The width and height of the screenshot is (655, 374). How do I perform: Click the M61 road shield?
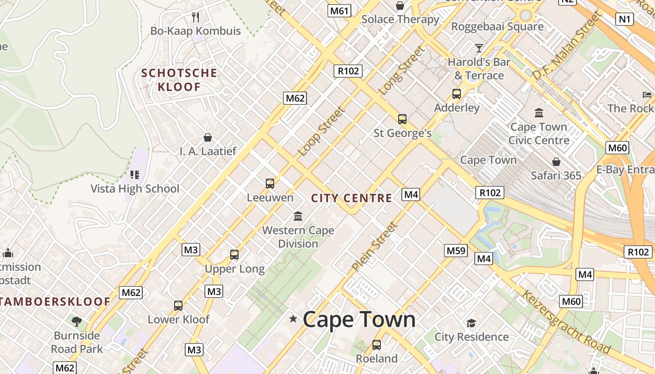point(339,10)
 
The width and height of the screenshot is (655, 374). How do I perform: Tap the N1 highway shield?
point(625,19)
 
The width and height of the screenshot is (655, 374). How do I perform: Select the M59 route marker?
point(456,251)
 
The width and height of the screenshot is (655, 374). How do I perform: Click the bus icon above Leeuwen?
point(270,184)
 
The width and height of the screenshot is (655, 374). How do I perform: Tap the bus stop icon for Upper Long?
point(234,255)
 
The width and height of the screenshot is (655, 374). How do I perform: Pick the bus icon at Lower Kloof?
point(178,306)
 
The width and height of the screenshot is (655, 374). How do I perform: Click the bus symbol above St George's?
point(402,119)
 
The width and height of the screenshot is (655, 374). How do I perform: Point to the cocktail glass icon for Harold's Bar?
point(479,48)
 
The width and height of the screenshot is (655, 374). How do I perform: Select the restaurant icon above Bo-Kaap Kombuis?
point(196,17)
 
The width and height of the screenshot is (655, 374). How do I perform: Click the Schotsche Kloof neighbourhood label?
point(180,80)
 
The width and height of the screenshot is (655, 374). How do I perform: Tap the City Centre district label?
point(352,198)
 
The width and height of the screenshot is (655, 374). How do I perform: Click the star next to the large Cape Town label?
point(293,319)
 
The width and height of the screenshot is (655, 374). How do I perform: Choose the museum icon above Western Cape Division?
point(298,216)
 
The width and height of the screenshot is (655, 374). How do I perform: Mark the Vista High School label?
point(135,189)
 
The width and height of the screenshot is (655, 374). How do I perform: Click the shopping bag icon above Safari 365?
point(556,162)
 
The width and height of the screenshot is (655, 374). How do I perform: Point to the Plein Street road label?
point(375,246)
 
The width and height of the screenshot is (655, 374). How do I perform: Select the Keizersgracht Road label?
point(566,322)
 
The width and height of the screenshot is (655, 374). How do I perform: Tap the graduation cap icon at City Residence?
point(471,323)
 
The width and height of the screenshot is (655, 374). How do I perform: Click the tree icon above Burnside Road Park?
point(76,322)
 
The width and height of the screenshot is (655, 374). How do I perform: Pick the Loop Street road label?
point(322,131)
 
